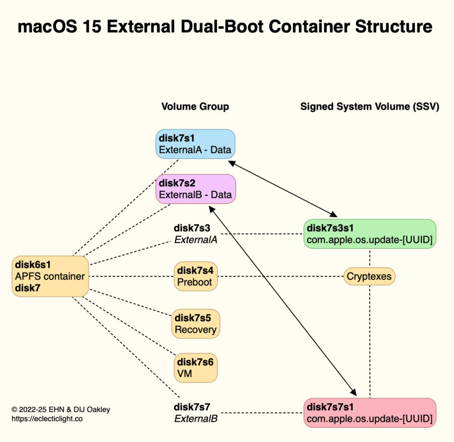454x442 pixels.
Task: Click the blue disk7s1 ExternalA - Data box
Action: (195, 144)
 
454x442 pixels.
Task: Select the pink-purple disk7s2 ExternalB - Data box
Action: (196, 189)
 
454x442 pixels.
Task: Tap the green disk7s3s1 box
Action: (370, 234)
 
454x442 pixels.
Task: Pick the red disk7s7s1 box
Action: (370, 413)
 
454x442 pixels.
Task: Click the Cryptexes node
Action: (369, 276)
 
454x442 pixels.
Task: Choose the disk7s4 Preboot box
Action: (196, 276)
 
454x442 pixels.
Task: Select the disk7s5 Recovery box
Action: (196, 324)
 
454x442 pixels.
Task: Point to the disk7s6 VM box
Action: (196, 368)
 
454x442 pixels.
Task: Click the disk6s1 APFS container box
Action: (50, 276)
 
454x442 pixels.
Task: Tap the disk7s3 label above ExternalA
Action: (192, 228)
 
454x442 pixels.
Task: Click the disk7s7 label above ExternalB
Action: (192, 407)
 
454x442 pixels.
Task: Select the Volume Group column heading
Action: (195, 107)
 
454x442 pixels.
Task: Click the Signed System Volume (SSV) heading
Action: (370, 107)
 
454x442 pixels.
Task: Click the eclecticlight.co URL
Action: (47, 419)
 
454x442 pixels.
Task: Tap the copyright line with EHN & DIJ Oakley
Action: (61, 410)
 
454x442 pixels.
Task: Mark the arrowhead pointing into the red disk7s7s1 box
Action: (353, 392)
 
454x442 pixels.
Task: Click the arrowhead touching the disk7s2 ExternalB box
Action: (212, 210)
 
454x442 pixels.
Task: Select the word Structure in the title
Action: (394, 27)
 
